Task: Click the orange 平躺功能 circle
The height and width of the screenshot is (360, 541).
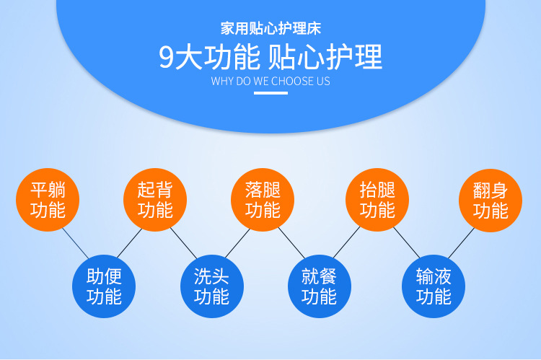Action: tap(48, 200)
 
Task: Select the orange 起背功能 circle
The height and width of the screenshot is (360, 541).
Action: tap(155, 200)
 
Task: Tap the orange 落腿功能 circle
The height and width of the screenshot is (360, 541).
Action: tap(263, 200)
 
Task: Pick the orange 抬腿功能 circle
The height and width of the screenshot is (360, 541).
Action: tap(377, 200)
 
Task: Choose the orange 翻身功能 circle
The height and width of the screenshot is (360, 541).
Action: tap(491, 201)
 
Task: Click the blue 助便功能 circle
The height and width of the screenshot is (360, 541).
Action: tap(104, 286)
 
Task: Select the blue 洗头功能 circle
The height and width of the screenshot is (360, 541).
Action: tap(212, 286)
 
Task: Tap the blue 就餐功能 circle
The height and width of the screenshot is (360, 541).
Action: tap(320, 286)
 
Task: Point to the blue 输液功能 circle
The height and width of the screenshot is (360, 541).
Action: tap(434, 286)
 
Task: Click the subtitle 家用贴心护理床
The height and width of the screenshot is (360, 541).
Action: tap(270, 28)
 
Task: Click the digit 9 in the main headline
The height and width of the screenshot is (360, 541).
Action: tap(166, 57)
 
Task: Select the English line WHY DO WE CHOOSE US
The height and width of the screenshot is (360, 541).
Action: tap(270, 81)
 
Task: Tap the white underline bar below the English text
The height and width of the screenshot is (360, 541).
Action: tap(270, 93)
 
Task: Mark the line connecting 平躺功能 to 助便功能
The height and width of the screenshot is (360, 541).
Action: tap(75, 243)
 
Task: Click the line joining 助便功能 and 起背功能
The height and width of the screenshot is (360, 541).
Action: tap(130, 243)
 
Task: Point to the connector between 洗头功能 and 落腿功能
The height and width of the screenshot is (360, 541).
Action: tap(238, 243)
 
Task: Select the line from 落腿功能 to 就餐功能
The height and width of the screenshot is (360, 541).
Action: tap(291, 243)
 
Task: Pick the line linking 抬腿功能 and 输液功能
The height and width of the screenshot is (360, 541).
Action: tap(407, 242)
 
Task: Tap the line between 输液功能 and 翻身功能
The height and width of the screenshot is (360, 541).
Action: tap(462, 243)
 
